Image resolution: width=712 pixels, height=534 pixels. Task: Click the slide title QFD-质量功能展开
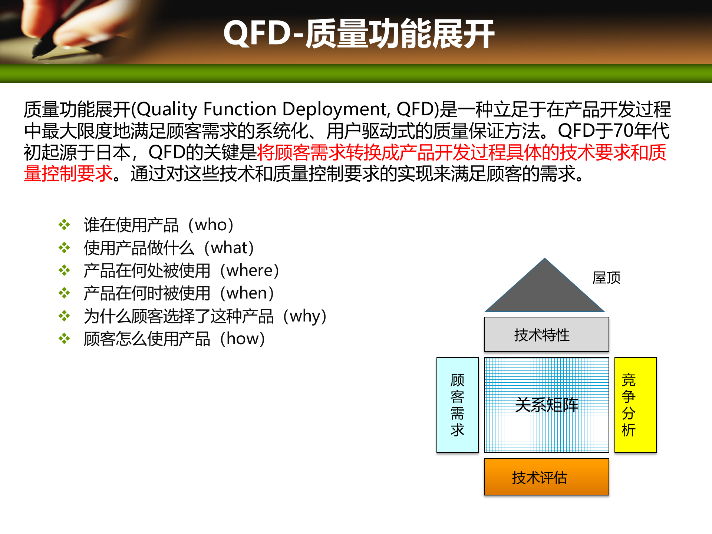(359, 34)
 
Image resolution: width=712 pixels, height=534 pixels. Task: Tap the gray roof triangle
(544, 293)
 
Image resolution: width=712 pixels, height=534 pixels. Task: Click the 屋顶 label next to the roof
(606, 278)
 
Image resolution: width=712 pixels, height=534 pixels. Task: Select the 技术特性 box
(546, 334)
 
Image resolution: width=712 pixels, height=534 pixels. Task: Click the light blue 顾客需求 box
(457, 405)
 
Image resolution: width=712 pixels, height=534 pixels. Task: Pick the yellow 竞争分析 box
(635, 405)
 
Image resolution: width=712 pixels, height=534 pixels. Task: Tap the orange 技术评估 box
(546, 477)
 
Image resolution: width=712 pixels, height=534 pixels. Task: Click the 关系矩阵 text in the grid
(547, 405)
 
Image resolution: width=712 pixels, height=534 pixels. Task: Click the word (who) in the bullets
(211, 225)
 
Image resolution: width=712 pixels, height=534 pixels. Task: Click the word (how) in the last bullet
(243, 339)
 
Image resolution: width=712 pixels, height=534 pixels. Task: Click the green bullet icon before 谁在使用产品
(64, 225)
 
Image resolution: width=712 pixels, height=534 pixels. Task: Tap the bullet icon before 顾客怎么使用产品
(64, 339)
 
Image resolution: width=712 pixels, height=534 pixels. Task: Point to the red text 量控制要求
(68, 174)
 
